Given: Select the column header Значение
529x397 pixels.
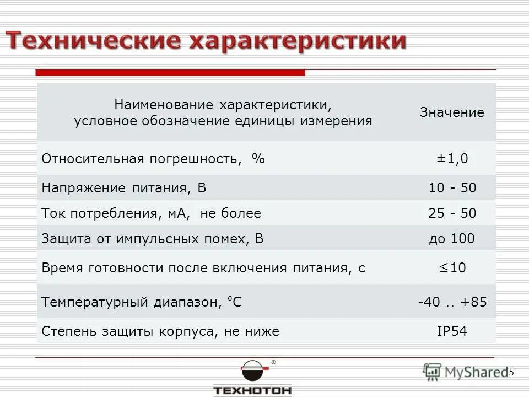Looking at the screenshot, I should (x=452, y=113).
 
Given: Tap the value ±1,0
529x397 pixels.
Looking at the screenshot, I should (x=452, y=159).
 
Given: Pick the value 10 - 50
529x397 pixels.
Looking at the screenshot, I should (x=452, y=188).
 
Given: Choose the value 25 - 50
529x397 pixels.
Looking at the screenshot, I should (x=452, y=213).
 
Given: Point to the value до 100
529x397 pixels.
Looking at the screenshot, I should (x=452, y=239).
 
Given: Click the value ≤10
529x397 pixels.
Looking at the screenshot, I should (x=452, y=269).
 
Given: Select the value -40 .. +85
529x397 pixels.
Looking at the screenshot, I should (x=452, y=302).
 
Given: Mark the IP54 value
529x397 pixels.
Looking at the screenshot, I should (x=452, y=331).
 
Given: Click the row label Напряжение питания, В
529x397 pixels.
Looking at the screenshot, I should (x=124, y=189).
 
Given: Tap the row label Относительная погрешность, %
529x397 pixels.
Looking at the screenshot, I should (x=153, y=159).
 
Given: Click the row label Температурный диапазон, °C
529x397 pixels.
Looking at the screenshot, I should (x=142, y=302).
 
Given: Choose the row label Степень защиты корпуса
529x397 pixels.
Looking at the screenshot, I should (x=160, y=331).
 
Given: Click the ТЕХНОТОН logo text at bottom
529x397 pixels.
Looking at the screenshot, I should (x=252, y=390).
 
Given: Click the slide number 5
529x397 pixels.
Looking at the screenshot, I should (x=511, y=372).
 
